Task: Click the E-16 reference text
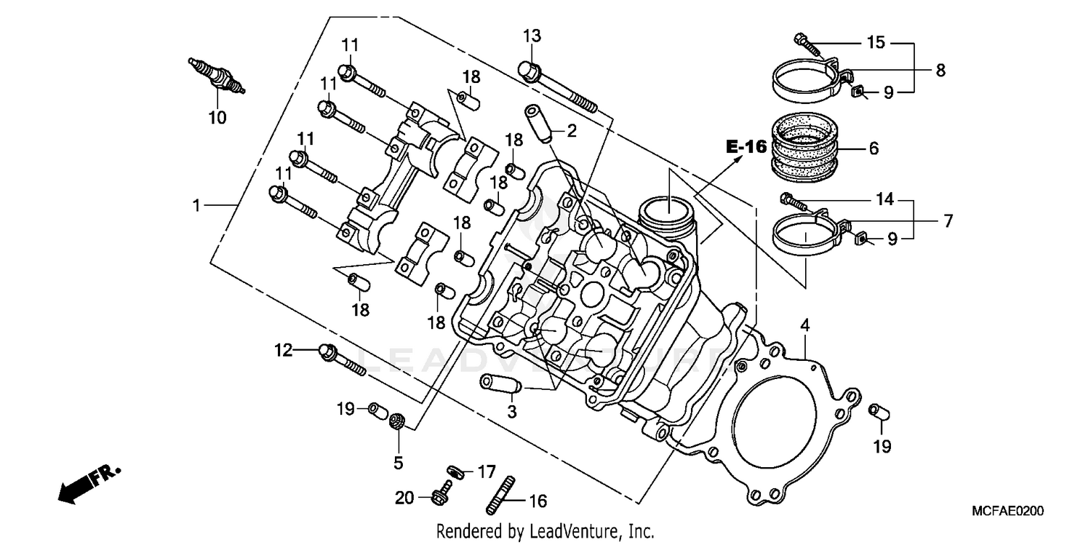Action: click(746, 147)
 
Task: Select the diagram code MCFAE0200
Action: click(1007, 512)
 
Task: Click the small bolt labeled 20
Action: click(440, 496)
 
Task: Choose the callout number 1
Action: click(196, 206)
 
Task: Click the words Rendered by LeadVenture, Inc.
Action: click(545, 531)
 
